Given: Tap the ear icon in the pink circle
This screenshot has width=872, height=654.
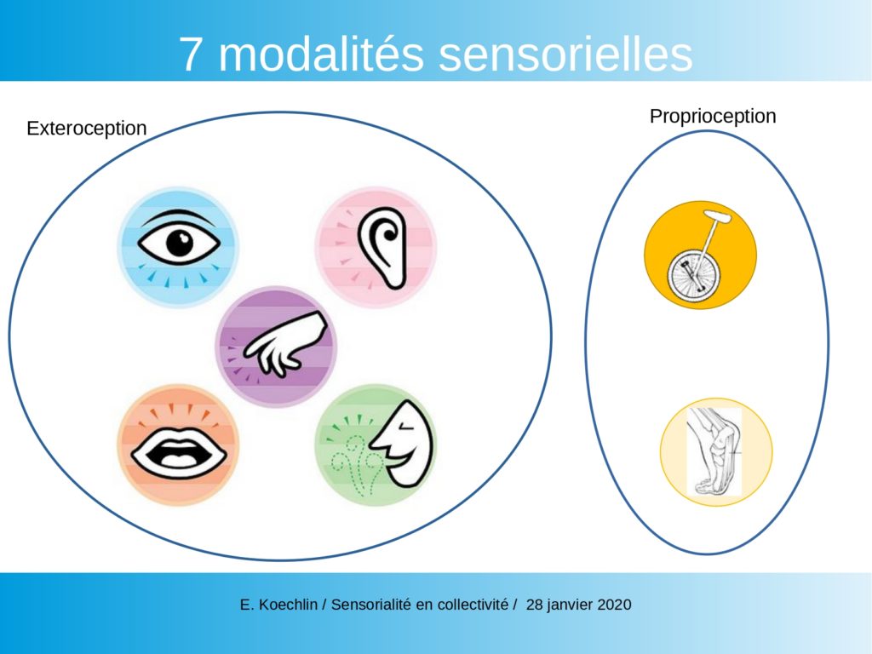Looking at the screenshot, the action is (x=382, y=248).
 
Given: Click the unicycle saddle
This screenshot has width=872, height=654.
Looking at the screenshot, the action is (x=717, y=216).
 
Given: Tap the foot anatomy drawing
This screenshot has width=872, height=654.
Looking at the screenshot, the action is (x=714, y=451).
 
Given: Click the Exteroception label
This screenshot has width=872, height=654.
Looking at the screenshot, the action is (x=87, y=129).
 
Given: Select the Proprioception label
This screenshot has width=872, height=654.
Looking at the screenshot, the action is (x=713, y=117).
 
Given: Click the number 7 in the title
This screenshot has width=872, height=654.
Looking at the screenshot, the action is (x=190, y=54).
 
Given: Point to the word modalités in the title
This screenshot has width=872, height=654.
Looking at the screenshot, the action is (x=321, y=54).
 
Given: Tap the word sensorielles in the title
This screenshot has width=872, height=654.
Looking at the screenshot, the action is (x=565, y=54).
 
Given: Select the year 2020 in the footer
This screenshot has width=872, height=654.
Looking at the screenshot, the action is (x=614, y=605).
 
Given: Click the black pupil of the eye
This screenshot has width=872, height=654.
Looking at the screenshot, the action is (x=180, y=243).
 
